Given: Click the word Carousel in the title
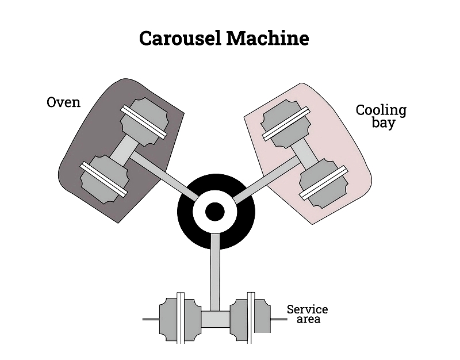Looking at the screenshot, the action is point(180,38).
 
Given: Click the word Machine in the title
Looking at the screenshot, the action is point(267,38).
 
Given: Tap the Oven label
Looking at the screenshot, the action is point(63,102).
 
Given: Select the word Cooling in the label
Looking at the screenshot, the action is point(381,111).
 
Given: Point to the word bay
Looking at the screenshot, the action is point(384,122).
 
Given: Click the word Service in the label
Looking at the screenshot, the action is point(307,309).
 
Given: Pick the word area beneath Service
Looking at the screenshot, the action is point(308,319).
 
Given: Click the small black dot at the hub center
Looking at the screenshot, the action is point(214,212).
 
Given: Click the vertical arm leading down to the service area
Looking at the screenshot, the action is point(215,272).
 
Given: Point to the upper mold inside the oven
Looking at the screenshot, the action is point(144,122).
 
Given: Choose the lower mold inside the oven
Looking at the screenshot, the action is point(104,179).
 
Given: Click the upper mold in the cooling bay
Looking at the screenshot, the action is point(285,124).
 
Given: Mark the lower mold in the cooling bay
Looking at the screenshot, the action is point(324,183).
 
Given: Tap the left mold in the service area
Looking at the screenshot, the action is point(181,319).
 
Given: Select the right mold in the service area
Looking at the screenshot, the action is point(250,319).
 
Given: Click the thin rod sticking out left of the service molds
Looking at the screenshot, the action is point(151,319).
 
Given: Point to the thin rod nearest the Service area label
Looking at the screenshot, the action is point(279,319).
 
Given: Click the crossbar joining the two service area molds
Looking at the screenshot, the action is point(216,319).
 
